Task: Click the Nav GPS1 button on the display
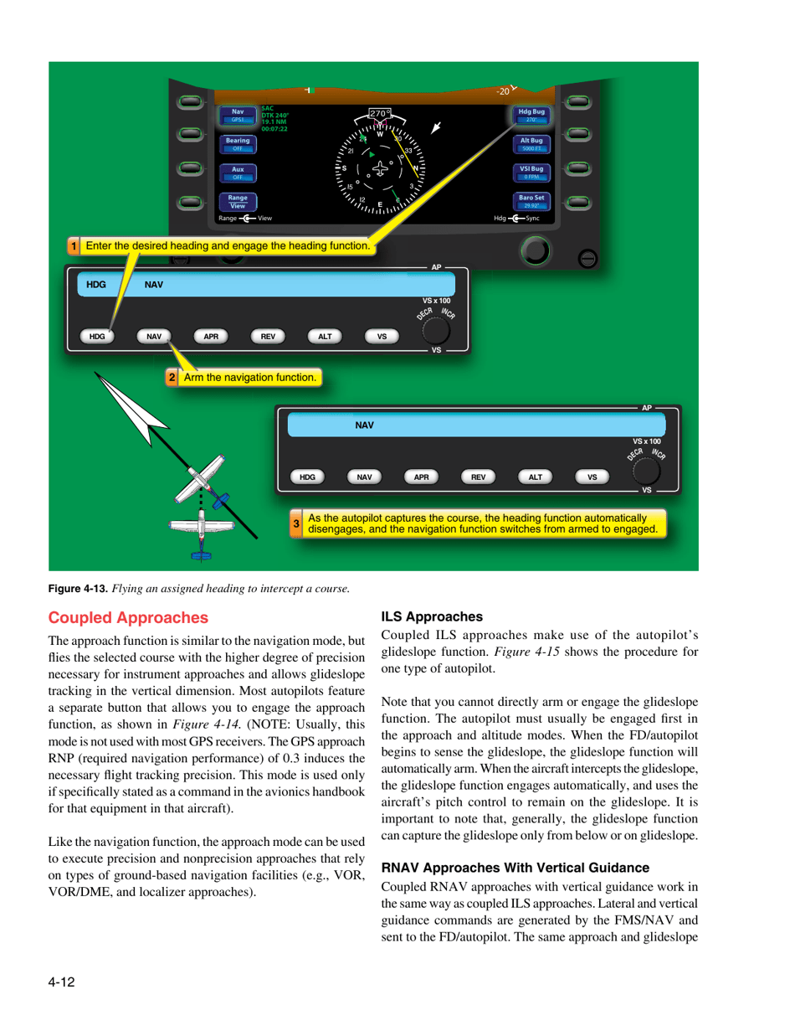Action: click(238, 115)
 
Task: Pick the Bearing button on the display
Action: click(238, 143)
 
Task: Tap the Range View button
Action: click(238, 201)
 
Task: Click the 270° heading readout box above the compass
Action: click(382, 114)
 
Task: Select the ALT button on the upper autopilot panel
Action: click(325, 336)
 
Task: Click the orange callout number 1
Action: click(74, 246)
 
